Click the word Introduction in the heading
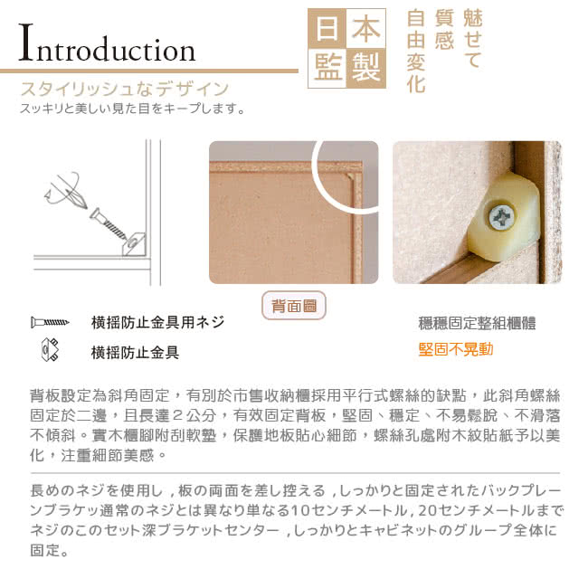point(108,43)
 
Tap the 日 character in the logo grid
point(327,29)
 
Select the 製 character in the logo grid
point(366,68)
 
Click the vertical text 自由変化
point(416,52)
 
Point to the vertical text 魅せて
point(472,39)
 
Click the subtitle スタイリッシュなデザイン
point(125,89)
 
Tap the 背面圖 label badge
point(294,306)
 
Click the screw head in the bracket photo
point(501,217)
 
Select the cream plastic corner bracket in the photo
point(504,217)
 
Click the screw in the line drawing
point(109,223)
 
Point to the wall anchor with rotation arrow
point(66,191)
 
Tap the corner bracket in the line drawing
point(134,243)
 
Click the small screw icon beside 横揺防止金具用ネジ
point(50,322)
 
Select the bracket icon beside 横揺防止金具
point(50,349)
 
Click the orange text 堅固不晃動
point(456,349)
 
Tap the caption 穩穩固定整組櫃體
point(477,323)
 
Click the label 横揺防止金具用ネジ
point(157,322)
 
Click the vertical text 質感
point(444,30)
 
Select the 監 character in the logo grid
point(327,68)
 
